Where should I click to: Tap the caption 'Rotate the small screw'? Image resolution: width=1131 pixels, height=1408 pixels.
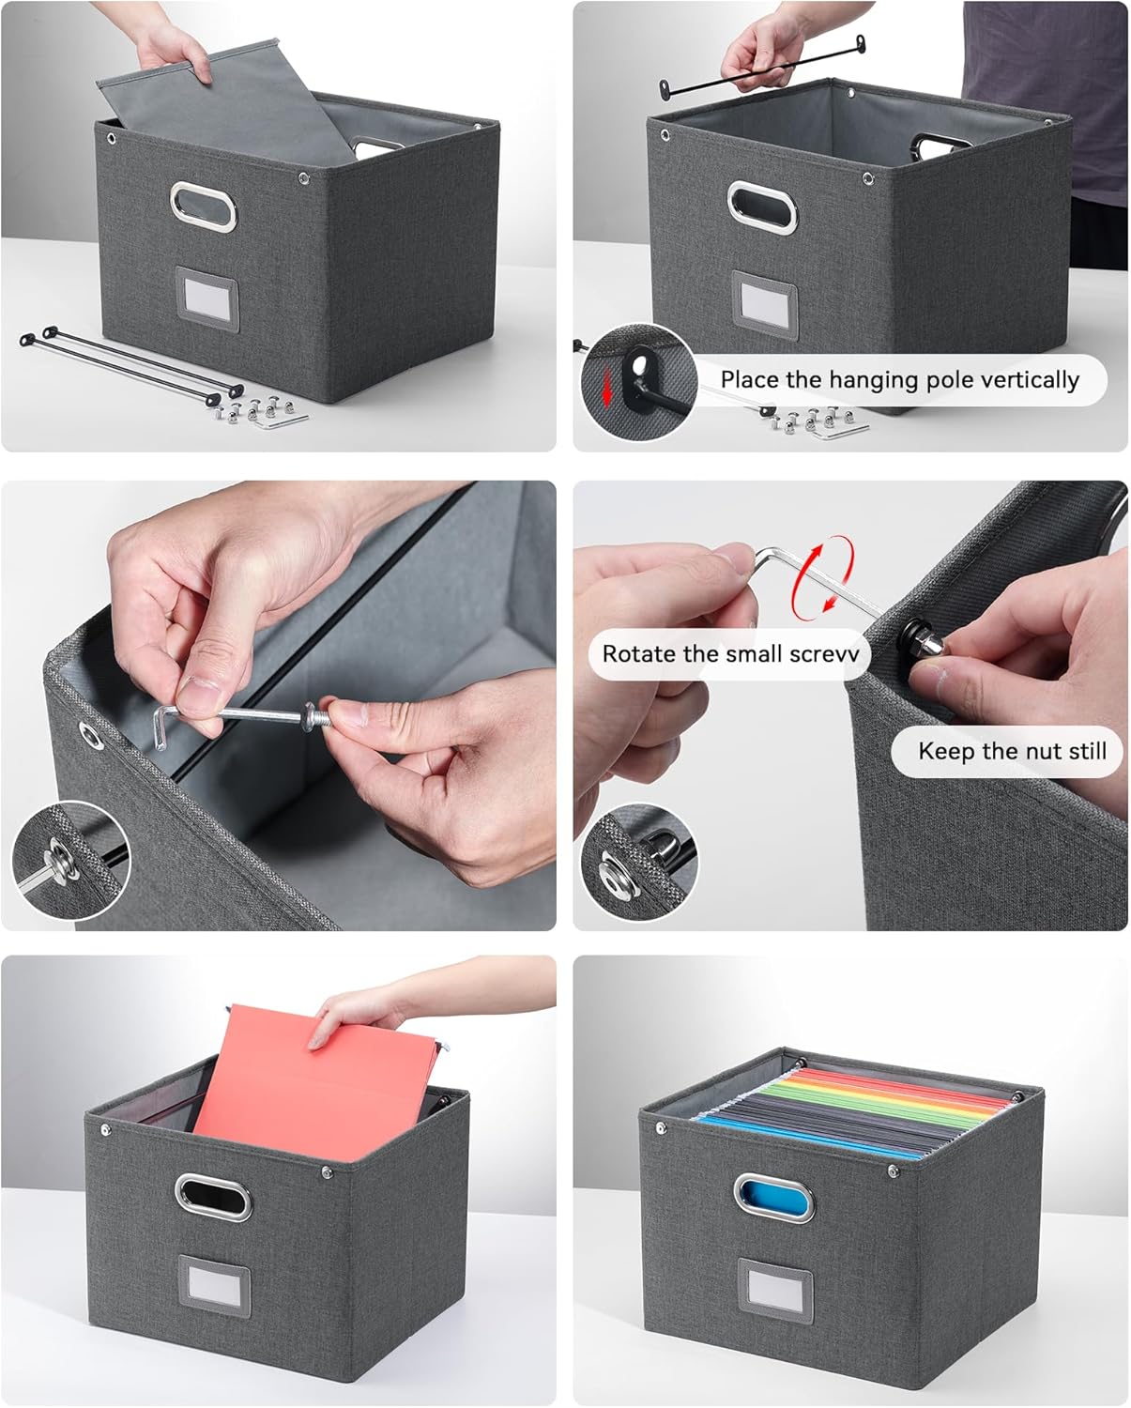[730, 654]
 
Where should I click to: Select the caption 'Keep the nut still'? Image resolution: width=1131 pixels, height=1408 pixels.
[1011, 751]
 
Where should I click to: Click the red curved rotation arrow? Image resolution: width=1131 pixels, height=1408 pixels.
[823, 574]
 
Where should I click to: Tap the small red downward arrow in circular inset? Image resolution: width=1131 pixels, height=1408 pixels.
[607, 385]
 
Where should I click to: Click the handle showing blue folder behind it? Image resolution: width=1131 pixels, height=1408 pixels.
[773, 1197]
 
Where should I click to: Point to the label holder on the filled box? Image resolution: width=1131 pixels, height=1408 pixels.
[775, 1294]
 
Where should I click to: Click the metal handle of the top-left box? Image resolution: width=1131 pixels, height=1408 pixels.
[203, 208]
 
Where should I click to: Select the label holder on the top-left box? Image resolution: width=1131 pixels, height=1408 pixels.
[206, 299]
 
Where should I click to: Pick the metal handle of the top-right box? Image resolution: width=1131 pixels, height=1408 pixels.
[761, 207]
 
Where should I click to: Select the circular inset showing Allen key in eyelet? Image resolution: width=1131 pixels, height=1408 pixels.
[70, 860]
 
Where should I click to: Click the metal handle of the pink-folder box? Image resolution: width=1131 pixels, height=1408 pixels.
[213, 1197]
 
